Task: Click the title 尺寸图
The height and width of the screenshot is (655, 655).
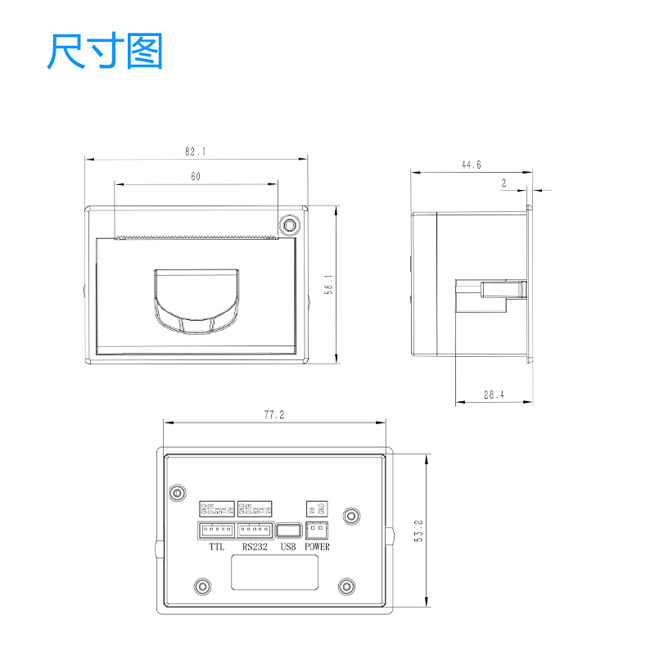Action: [x=106, y=52]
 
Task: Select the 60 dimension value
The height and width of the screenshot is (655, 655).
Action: [x=196, y=176]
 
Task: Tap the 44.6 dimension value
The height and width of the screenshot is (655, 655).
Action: [x=471, y=165]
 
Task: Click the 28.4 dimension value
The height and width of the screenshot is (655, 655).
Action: [x=494, y=395]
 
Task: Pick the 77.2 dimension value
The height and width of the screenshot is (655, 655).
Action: [x=273, y=415]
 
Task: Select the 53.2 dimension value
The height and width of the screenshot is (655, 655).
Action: [x=418, y=531]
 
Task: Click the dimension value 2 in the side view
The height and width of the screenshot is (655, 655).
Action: [x=504, y=184]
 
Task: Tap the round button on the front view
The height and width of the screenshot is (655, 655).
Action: [x=289, y=224]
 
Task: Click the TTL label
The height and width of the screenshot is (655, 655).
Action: [x=216, y=546]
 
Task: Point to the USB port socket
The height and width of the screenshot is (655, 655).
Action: [x=287, y=531]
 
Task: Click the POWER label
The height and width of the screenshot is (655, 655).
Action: [x=317, y=546]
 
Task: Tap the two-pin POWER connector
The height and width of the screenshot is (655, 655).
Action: [x=316, y=530]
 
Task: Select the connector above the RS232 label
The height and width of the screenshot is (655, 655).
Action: [x=255, y=530]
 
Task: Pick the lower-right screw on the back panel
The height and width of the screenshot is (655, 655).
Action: [x=346, y=586]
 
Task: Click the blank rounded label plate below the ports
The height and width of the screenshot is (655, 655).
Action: [x=273, y=571]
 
